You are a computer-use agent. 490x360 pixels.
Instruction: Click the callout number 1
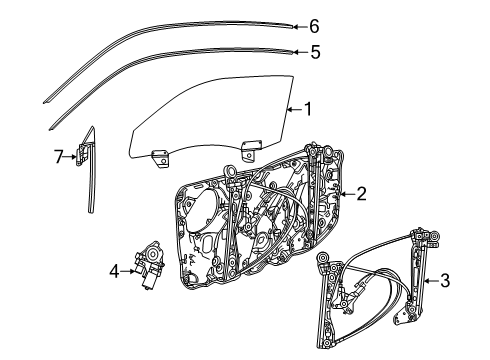pyautogui.click(x=308, y=109)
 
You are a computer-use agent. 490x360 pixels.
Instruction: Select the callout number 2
pyautogui.click(x=361, y=194)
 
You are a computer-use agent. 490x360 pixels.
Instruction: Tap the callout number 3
pyautogui.click(x=445, y=281)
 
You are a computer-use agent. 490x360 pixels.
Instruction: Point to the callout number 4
pyautogui.click(x=114, y=271)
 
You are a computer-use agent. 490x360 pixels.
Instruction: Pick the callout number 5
pyautogui.click(x=315, y=52)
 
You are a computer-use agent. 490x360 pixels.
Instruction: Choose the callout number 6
pyautogui.click(x=314, y=26)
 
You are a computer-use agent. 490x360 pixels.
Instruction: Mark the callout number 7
pyautogui.click(x=59, y=156)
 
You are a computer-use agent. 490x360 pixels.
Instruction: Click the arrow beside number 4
pyautogui.click(x=128, y=271)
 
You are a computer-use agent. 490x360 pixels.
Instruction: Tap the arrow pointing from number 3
pyautogui.click(x=431, y=281)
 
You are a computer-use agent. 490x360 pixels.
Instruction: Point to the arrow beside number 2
pyautogui.click(x=347, y=194)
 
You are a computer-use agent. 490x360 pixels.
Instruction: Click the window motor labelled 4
pyautogui.click(x=149, y=264)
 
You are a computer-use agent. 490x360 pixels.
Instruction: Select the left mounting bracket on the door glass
pyautogui.click(x=160, y=158)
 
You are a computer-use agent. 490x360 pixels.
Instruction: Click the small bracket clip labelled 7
pyautogui.click(x=82, y=154)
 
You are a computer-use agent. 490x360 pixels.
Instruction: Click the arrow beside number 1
pyautogui.click(x=295, y=109)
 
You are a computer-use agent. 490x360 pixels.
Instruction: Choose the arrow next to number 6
pyautogui.click(x=300, y=27)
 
